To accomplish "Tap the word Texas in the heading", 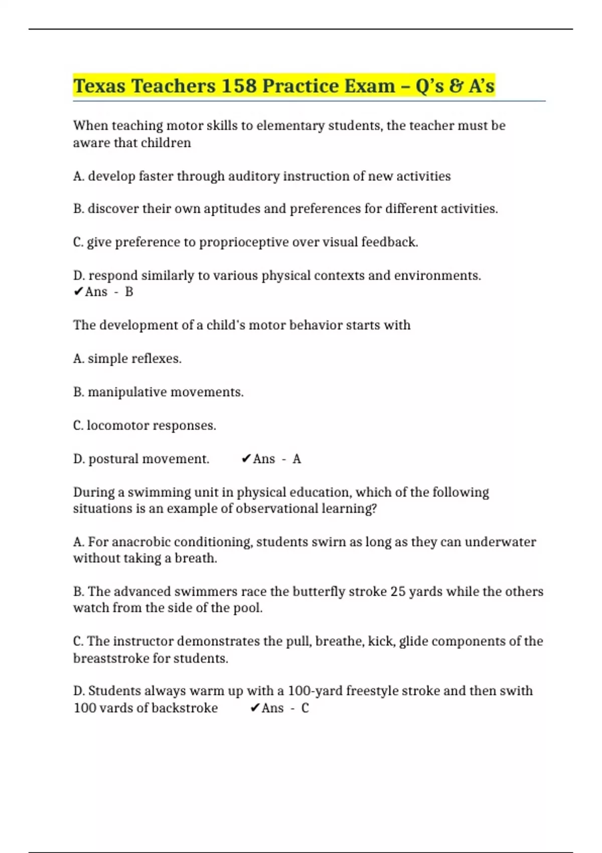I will pyautogui.click(x=99, y=86).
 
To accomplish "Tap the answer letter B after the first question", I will pyautogui.click(x=129, y=292).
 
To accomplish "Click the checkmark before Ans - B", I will pyautogui.click(x=78, y=292).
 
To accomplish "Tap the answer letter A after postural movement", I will pyautogui.click(x=297, y=459).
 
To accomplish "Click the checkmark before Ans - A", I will pyautogui.click(x=246, y=459).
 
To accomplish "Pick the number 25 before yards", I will pyautogui.click(x=398, y=592).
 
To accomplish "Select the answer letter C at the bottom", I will pyautogui.click(x=305, y=708).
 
